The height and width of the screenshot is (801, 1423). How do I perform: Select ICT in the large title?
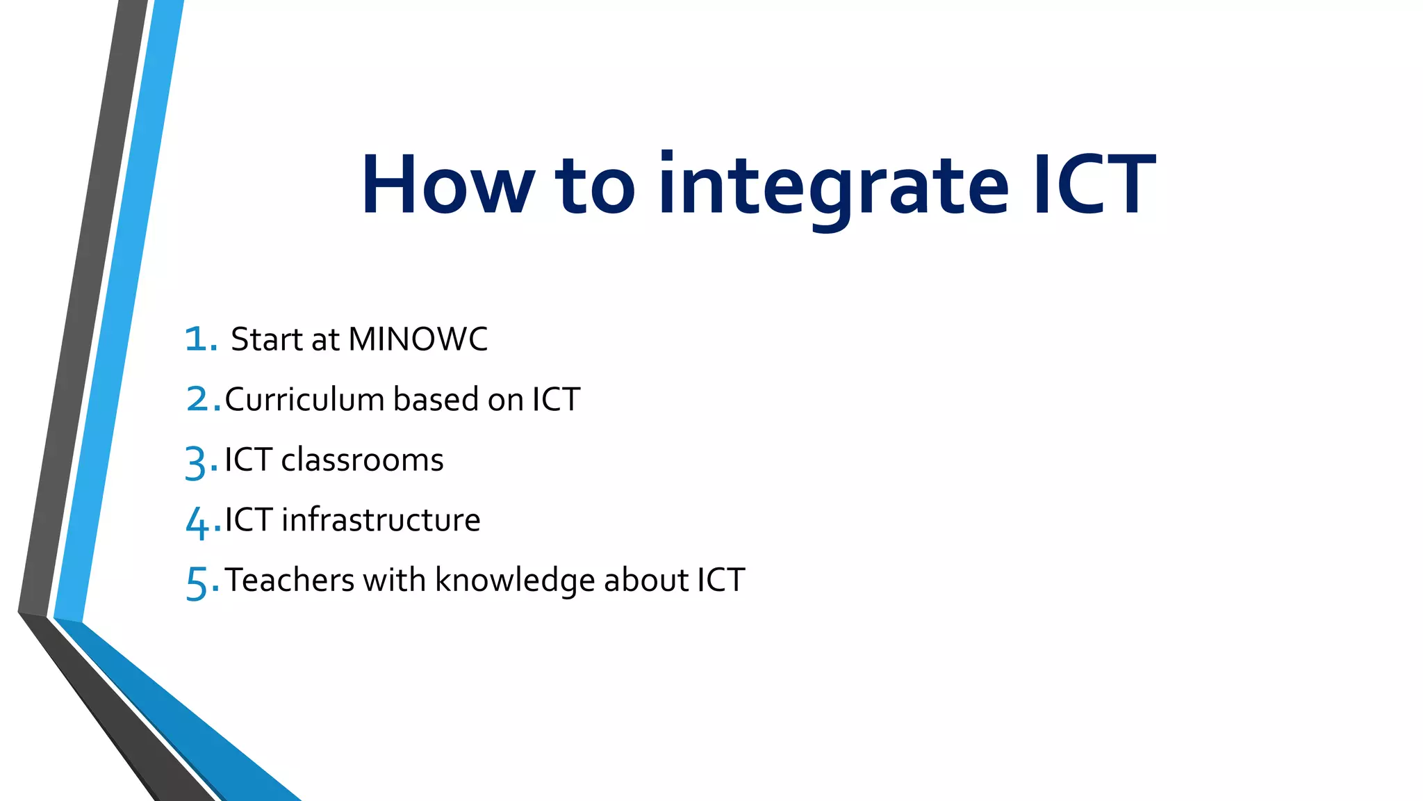point(1094,185)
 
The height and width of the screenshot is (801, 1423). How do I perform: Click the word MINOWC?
point(418,339)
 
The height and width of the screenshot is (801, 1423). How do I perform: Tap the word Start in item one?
point(267,339)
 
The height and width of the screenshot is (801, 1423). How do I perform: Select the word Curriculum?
point(304,400)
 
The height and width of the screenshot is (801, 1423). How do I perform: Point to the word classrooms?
point(362,460)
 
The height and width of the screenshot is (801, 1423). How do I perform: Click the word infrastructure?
point(381,520)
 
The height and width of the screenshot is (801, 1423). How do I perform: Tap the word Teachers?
point(290,580)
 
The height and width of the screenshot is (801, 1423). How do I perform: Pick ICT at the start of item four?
point(248,520)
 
